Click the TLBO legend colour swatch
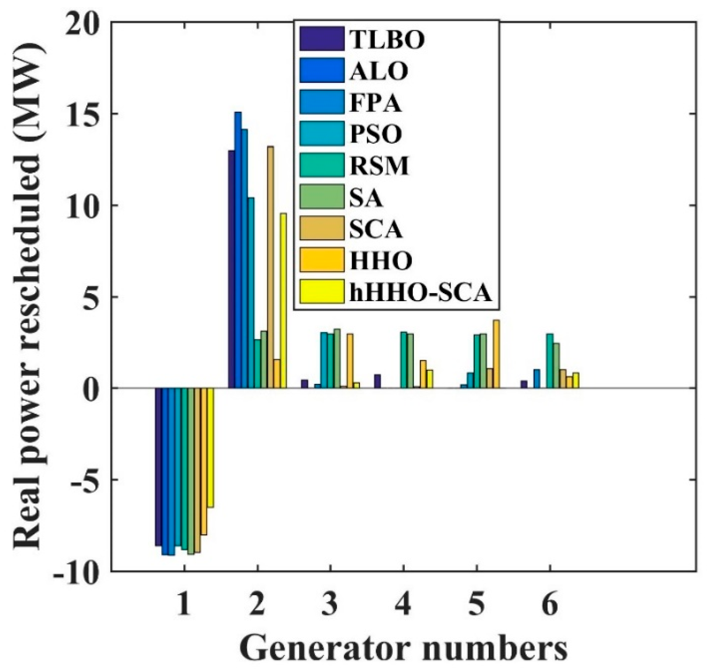click(322, 38)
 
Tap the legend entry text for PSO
click(376, 134)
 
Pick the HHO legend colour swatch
click(322, 260)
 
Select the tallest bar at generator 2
click(238, 250)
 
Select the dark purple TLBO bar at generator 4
click(378, 381)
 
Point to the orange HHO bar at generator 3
click(350, 361)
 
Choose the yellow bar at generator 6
click(576, 381)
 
